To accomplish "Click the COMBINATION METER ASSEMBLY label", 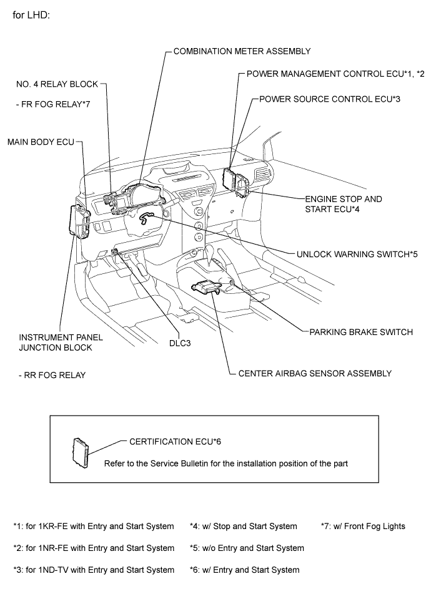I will click(x=241, y=51).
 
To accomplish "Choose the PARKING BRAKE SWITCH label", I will click(x=360, y=332).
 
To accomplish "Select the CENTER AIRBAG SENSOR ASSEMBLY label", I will click(x=315, y=373).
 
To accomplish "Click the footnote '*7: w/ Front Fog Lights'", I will click(x=363, y=526).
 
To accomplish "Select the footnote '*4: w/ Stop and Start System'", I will click(x=243, y=526).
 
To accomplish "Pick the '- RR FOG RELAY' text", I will click(x=52, y=376).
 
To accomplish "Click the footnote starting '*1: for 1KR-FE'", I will click(x=94, y=526).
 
